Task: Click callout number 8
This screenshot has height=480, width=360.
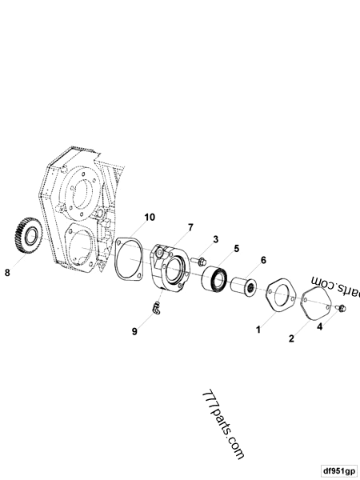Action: (x=7, y=272)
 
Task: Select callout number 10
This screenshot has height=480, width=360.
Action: (x=150, y=218)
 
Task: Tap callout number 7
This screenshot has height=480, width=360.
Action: (x=190, y=228)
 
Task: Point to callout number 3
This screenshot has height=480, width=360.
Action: (x=215, y=239)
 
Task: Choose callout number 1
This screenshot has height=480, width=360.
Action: (x=258, y=329)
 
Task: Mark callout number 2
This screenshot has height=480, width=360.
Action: (x=292, y=339)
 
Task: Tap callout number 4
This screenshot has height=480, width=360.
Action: (x=320, y=326)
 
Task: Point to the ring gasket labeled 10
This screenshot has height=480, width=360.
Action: (x=128, y=260)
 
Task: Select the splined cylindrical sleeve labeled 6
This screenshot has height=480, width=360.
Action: (x=242, y=286)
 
